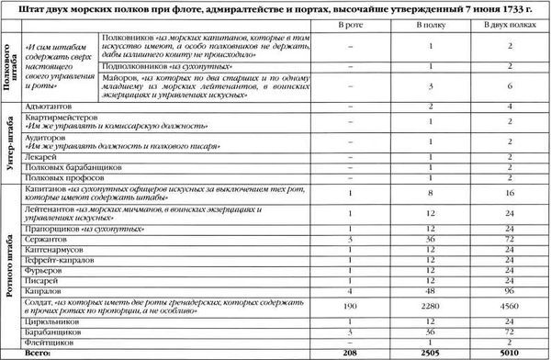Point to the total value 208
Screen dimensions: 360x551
(351, 350)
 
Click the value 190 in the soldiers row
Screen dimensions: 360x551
(351, 304)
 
